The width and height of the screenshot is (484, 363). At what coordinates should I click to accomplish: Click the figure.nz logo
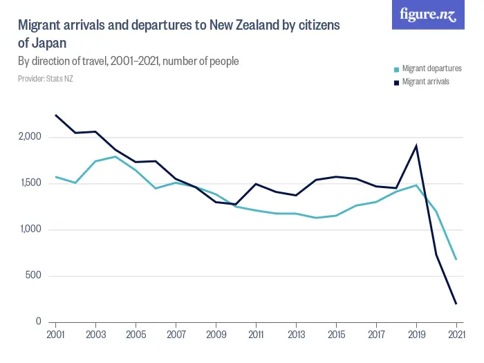click(x=428, y=15)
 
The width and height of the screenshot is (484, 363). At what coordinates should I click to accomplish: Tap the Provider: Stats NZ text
click(x=45, y=79)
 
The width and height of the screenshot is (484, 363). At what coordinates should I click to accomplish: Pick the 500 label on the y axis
click(x=35, y=276)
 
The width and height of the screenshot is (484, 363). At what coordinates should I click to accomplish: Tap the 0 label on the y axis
click(x=40, y=322)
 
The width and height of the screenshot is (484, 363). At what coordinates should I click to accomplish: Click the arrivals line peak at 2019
click(x=416, y=146)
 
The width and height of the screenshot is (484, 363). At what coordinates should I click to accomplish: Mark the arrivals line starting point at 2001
click(x=55, y=115)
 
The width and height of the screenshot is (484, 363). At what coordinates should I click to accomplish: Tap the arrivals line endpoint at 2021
click(x=456, y=304)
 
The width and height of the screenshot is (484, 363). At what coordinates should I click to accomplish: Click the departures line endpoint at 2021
click(x=456, y=259)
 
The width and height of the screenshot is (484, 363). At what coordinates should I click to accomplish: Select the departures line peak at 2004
click(x=115, y=156)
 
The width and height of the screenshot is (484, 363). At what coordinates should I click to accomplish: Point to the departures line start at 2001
click(x=55, y=176)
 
